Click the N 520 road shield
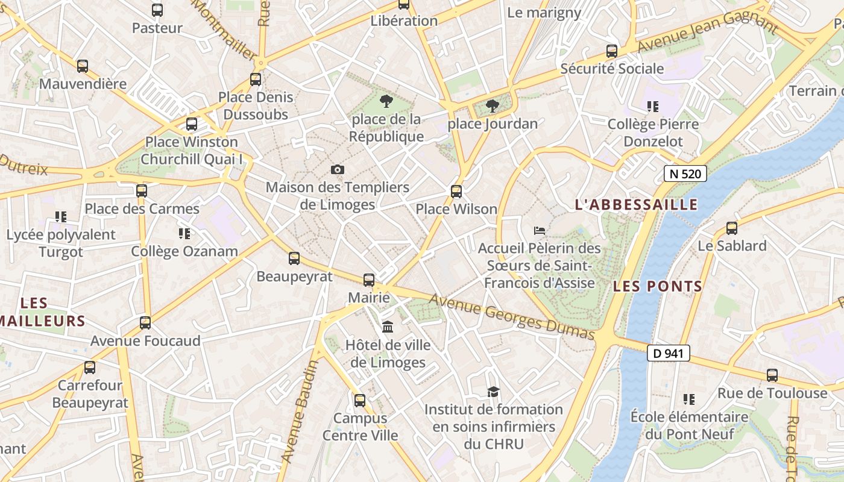pos(685,174)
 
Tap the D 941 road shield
pos(668,353)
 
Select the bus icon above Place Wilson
pos(456,192)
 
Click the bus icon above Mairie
pos(368,280)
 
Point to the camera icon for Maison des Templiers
pos(338,170)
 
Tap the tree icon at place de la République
pos(386,101)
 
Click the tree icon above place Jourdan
pos(493,106)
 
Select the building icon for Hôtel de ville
pos(388,327)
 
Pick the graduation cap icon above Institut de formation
pos(493,392)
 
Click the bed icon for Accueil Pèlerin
pos(540,230)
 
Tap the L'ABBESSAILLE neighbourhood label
pos(636,205)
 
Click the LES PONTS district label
pos(658,286)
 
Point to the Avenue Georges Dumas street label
pos(512,317)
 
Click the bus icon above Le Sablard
pos(732,228)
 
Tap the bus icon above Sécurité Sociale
pos(612,51)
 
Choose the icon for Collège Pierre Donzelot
pos(652,107)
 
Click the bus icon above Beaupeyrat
pos(294,258)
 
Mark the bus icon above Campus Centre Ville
pos(360,400)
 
